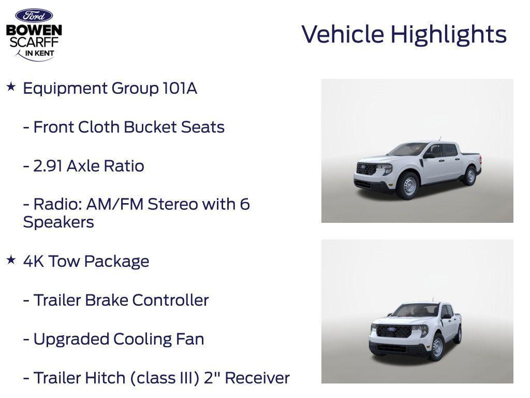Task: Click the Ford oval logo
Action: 34,16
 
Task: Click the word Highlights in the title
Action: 448,35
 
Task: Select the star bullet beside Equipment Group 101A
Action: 11,87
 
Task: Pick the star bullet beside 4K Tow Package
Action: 11,260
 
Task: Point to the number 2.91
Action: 48,166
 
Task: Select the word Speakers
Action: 58,222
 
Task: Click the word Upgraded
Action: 71,340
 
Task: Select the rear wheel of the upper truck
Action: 470,176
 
